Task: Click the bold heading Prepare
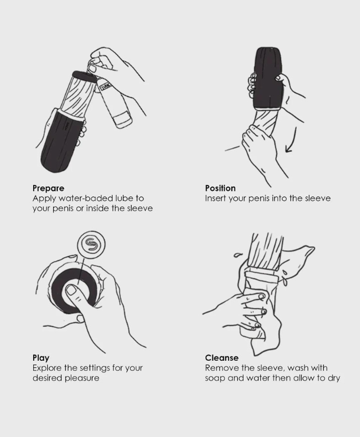click(48, 188)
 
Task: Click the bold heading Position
click(220, 188)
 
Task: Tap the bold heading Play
click(41, 358)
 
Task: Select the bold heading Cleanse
click(222, 358)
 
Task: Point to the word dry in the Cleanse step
click(334, 379)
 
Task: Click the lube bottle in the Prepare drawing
click(114, 103)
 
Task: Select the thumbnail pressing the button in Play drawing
click(71, 291)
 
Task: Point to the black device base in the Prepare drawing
click(61, 139)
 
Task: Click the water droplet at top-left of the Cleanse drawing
click(237, 255)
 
